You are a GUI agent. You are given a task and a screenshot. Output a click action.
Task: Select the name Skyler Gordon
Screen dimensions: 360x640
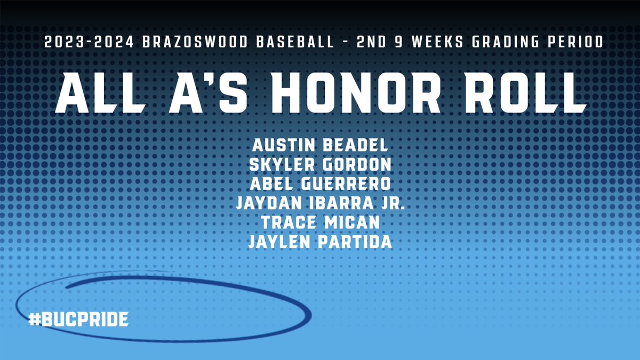(x=320, y=164)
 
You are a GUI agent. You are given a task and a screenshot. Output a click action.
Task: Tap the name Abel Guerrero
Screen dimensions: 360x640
(x=320, y=184)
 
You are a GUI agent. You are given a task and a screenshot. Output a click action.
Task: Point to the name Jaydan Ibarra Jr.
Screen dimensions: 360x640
(x=320, y=204)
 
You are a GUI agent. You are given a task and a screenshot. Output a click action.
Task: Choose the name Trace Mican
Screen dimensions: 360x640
(x=320, y=223)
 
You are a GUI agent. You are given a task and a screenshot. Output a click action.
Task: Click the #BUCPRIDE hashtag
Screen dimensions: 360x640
(x=79, y=320)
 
